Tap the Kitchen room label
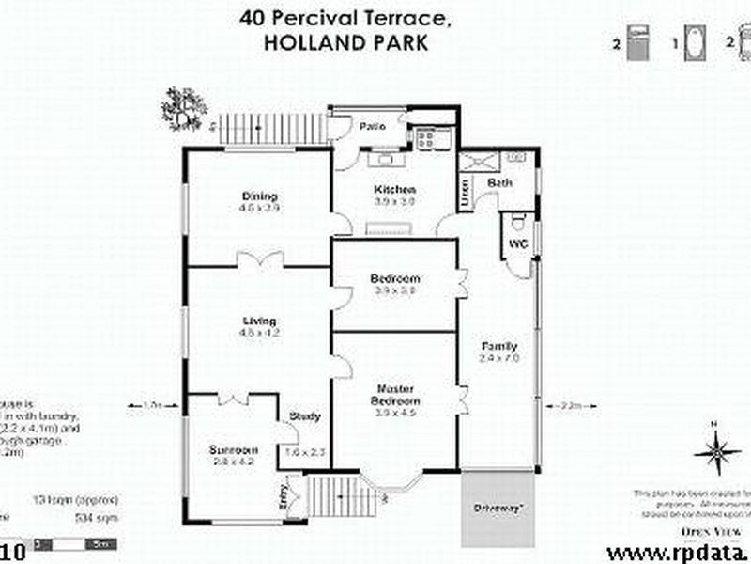point(395,190)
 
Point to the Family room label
point(498,346)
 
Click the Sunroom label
point(233,450)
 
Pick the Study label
point(305,416)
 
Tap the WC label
point(518,243)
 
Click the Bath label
point(499,182)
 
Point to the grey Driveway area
point(498,509)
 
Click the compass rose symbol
point(717,452)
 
